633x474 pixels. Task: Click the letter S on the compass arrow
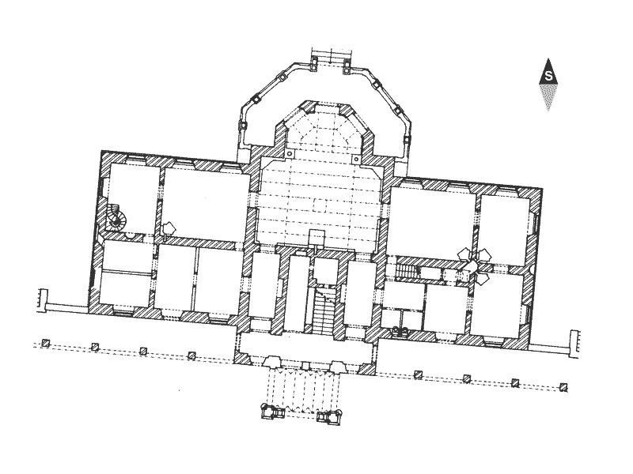(x=548, y=76)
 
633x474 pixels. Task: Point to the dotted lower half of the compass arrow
(x=548, y=96)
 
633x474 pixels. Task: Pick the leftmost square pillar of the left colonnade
(x=46, y=343)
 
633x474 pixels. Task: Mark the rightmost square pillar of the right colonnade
(x=563, y=388)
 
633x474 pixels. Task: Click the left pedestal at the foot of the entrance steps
(x=271, y=412)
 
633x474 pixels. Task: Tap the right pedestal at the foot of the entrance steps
(x=329, y=417)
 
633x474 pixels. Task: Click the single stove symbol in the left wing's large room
(x=169, y=228)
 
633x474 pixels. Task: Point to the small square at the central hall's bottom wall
(x=317, y=237)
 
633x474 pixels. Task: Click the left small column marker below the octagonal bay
(x=289, y=154)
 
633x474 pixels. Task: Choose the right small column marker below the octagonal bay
(x=355, y=160)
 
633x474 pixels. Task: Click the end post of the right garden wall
(x=574, y=344)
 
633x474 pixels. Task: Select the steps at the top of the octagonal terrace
(x=332, y=55)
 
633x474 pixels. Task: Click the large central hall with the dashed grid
(x=319, y=201)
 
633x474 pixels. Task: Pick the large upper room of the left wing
(x=206, y=205)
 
